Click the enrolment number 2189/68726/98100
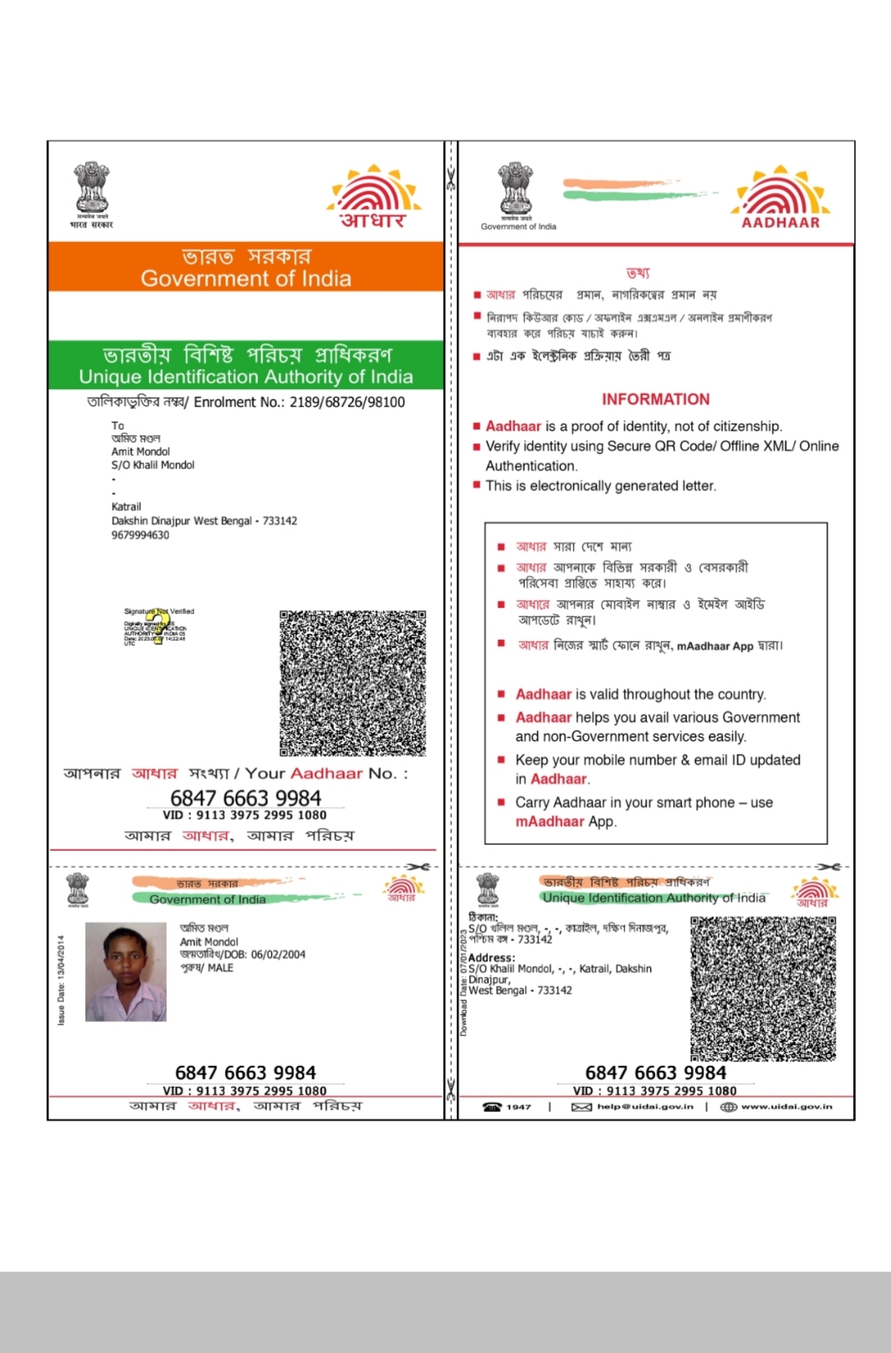(x=347, y=402)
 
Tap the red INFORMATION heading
(x=655, y=399)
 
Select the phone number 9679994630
(x=140, y=535)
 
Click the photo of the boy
(x=125, y=972)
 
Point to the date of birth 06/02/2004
(x=278, y=954)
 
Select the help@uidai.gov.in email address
(x=645, y=1106)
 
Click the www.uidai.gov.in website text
(x=787, y=1106)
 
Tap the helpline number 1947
(x=518, y=1106)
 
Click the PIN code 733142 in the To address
(x=280, y=521)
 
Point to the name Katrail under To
(x=126, y=506)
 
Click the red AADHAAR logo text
(x=780, y=222)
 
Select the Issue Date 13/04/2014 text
(x=61, y=981)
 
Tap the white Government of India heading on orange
(x=246, y=278)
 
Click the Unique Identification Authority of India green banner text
(x=246, y=376)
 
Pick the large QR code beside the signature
(x=352, y=683)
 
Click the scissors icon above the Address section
(x=828, y=866)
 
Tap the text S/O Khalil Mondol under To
(x=152, y=465)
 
